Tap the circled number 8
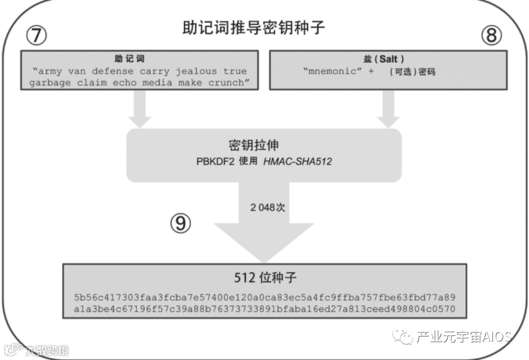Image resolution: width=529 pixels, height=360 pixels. (491, 36)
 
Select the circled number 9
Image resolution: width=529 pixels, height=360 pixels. (180, 223)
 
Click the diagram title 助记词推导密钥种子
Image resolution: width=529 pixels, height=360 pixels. (253, 27)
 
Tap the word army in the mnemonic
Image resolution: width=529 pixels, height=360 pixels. (50, 71)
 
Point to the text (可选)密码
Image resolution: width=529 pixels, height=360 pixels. (412, 72)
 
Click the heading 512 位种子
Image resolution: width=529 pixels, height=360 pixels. (265, 278)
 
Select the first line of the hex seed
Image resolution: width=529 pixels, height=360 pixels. (265, 298)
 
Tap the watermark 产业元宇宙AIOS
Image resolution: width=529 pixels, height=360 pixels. (463, 336)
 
